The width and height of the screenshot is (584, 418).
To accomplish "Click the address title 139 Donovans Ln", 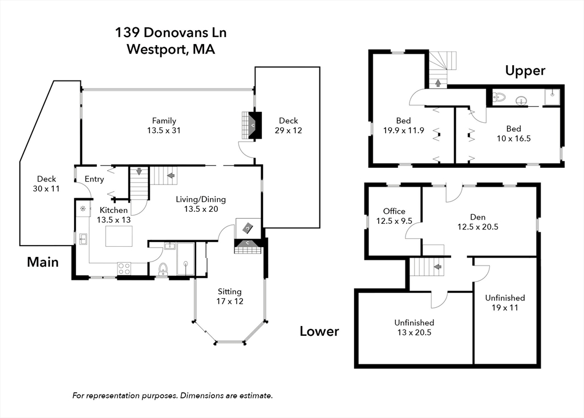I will coord(171,33).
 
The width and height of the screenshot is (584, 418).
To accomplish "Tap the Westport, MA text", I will coord(171,49).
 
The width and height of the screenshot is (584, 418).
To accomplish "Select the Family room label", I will coord(164,120).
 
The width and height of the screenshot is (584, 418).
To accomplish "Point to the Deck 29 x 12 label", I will coord(288,125).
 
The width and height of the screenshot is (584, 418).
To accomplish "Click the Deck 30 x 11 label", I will coord(46,183).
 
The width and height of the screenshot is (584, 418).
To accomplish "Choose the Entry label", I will coord(94,179).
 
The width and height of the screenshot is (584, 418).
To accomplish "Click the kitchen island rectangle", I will coord(119,236).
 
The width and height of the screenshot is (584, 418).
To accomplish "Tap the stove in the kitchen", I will coord(124,268).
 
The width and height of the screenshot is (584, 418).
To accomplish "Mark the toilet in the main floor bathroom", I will coord(163,268).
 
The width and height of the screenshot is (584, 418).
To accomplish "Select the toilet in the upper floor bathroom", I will coord(498,98).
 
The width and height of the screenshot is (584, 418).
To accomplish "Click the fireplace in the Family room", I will coord(252,125).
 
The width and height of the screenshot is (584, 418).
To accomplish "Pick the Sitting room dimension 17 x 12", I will coord(229,301).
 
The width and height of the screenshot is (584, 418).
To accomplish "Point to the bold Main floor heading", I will coord(43,262).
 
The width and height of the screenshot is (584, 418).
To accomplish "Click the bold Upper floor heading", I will coord(525,71).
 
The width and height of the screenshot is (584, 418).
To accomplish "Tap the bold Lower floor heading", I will coord(319,331).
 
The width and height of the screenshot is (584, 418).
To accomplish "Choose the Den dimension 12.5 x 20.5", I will coord(477,226).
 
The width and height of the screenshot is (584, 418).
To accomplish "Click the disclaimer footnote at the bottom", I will coord(173,395).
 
